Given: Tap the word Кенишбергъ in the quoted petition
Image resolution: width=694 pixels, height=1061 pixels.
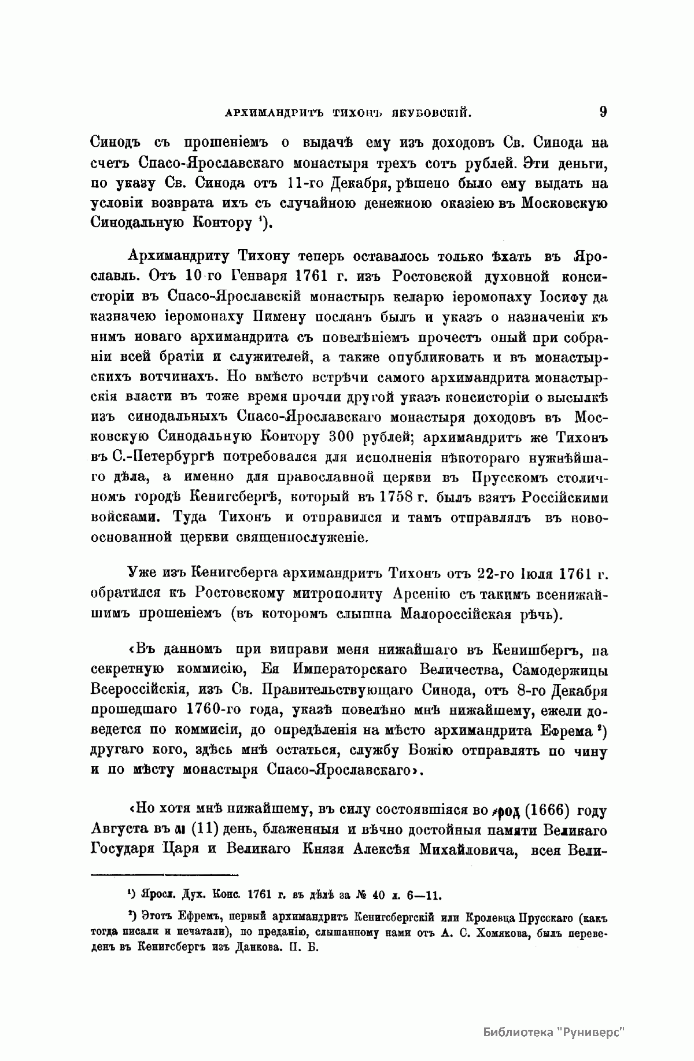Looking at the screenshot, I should click(x=532, y=652).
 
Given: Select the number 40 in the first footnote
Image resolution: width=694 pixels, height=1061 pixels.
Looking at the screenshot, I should click(x=379, y=897).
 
